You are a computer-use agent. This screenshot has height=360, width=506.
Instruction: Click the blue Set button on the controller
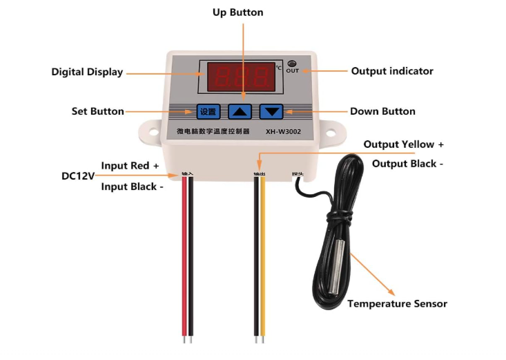coord(208,111)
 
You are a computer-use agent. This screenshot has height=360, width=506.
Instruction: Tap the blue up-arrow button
coord(240,111)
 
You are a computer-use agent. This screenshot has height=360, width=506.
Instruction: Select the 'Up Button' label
coord(237,12)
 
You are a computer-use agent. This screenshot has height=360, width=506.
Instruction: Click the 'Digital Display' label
coord(87,72)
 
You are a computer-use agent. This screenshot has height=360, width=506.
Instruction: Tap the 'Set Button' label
coord(98,111)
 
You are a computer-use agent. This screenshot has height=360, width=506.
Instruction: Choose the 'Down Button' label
coord(382,111)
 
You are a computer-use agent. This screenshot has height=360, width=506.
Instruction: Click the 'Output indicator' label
coord(392,70)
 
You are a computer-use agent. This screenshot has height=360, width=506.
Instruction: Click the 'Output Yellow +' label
coord(404,144)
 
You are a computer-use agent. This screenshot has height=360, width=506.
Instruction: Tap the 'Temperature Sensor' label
coord(397,303)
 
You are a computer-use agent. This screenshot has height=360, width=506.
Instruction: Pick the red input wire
coord(184,263)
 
